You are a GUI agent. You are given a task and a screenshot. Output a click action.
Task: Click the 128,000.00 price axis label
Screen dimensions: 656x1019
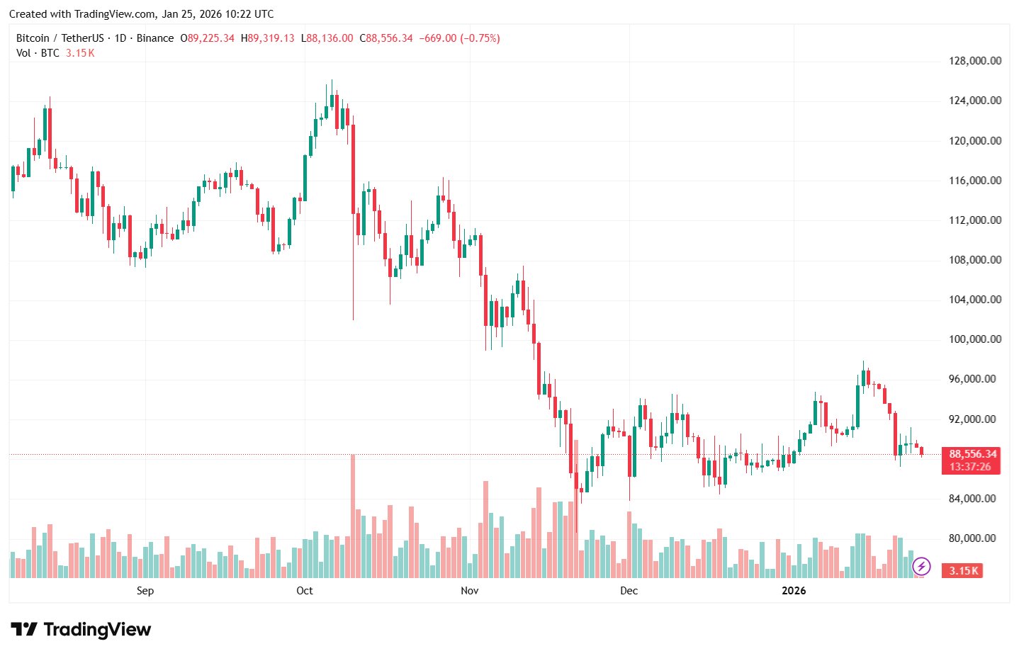pyautogui.click(x=975, y=61)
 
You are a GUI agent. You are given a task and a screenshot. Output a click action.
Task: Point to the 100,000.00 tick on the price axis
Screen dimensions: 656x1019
pyautogui.click(x=975, y=339)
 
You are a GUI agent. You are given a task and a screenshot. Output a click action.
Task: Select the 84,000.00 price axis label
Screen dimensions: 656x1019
pyautogui.click(x=975, y=499)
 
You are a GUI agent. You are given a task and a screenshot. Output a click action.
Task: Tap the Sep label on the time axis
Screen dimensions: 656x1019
pyautogui.click(x=145, y=591)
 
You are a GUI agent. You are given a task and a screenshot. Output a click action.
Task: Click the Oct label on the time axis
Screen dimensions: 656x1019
pyautogui.click(x=305, y=591)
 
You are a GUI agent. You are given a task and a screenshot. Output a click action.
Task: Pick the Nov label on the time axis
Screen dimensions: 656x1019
pyautogui.click(x=469, y=591)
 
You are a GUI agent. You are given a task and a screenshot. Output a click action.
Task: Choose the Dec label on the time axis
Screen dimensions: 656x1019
pyautogui.click(x=629, y=591)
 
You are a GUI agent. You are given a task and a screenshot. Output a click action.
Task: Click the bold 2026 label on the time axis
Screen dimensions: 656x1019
pyautogui.click(x=794, y=591)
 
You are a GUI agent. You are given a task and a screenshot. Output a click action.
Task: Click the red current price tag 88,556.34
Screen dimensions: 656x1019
pyautogui.click(x=972, y=454)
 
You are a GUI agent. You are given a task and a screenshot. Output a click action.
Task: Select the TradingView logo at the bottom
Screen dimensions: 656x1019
pyautogui.click(x=81, y=629)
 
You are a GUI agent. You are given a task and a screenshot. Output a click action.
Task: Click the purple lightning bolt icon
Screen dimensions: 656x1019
pyautogui.click(x=921, y=566)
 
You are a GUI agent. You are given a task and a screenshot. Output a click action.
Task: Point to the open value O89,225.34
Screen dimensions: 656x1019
pyautogui.click(x=208, y=38)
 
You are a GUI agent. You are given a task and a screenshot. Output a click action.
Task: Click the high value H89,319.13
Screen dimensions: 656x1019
pyautogui.click(x=268, y=38)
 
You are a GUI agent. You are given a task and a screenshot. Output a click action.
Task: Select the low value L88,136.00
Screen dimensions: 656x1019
pyautogui.click(x=327, y=38)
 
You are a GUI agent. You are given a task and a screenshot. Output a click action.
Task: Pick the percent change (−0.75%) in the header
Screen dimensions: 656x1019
pyautogui.click(x=480, y=38)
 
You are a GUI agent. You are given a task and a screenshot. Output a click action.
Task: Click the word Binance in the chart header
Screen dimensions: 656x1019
pyautogui.click(x=155, y=38)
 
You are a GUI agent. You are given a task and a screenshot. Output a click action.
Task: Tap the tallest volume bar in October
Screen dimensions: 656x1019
pyautogui.click(x=353, y=516)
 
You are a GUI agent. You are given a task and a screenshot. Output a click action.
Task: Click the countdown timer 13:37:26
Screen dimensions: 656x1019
pyautogui.click(x=970, y=467)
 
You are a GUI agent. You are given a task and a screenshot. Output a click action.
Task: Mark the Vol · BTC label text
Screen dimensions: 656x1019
pyautogui.click(x=38, y=53)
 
